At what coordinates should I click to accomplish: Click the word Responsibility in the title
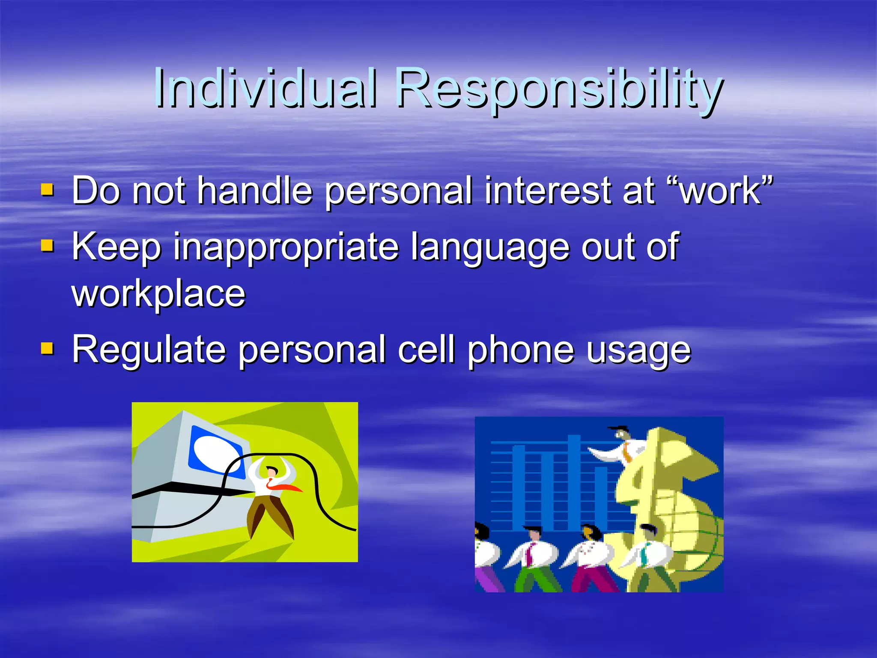559,89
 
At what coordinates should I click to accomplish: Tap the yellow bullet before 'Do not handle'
47,189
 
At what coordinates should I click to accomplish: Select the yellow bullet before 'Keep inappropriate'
47,246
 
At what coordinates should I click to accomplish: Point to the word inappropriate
286,248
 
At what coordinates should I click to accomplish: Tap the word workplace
158,295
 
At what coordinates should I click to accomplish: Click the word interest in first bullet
570,191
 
